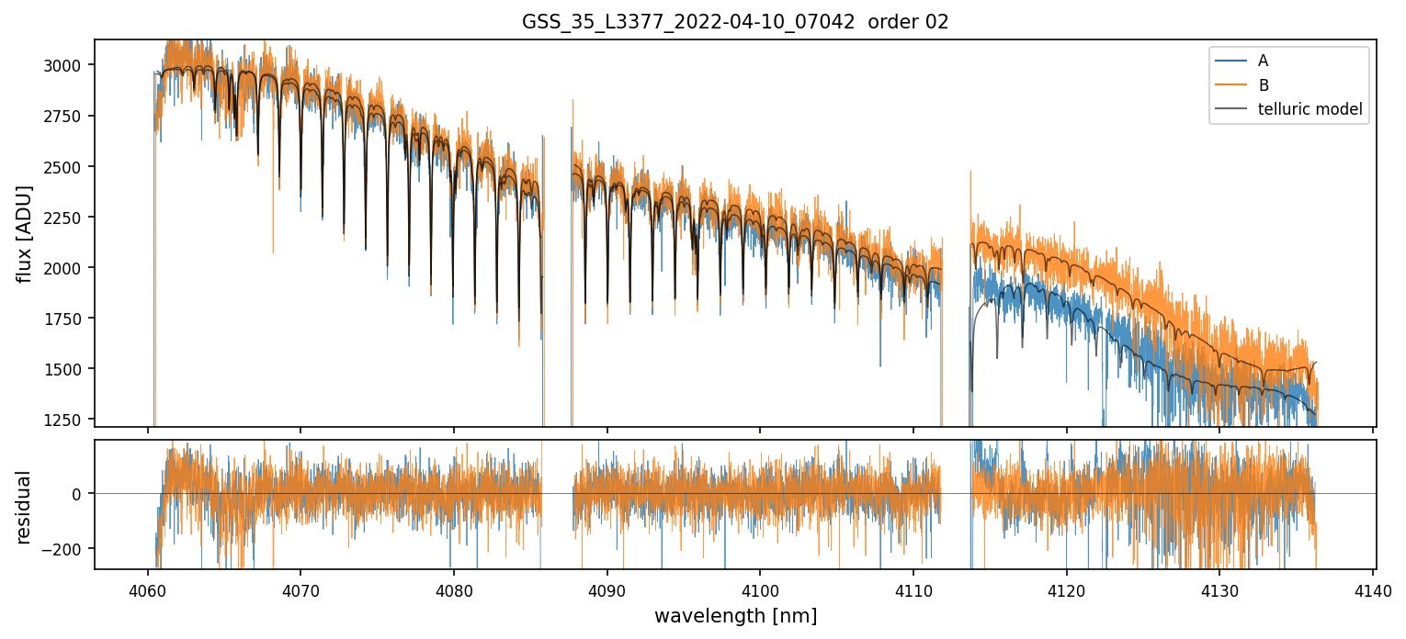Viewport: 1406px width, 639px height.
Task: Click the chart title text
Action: pyautogui.click(x=735, y=22)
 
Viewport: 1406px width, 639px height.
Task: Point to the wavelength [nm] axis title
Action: pyautogui.click(x=735, y=616)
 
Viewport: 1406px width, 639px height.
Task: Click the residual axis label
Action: pyautogui.click(x=24, y=507)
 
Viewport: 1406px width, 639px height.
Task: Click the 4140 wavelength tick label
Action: pyautogui.click(x=1373, y=589)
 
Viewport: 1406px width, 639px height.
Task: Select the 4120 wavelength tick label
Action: pyautogui.click(x=1066, y=589)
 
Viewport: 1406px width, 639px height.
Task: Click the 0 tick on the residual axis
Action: pyautogui.click(x=77, y=494)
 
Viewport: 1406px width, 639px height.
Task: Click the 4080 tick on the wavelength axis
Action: pyautogui.click(x=454, y=589)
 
